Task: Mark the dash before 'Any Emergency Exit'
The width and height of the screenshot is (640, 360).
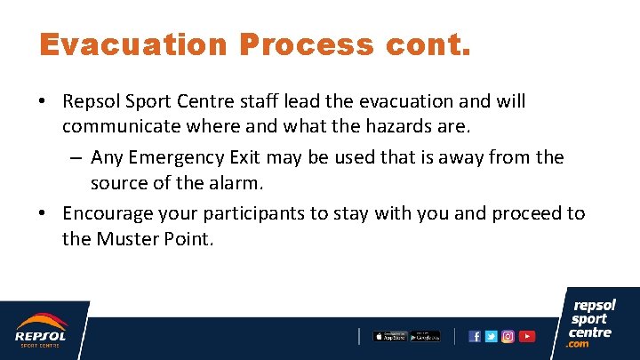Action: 76,158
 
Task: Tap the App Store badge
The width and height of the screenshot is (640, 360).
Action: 389,336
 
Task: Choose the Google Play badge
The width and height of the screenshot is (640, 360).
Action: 425,336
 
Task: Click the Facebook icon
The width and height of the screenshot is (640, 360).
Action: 475,336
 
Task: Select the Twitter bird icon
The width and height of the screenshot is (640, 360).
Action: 491,336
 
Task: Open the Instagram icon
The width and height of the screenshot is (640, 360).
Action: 508,336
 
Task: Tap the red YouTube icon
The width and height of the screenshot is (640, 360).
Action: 527,336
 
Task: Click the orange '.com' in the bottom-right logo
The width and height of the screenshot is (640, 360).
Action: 579,344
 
